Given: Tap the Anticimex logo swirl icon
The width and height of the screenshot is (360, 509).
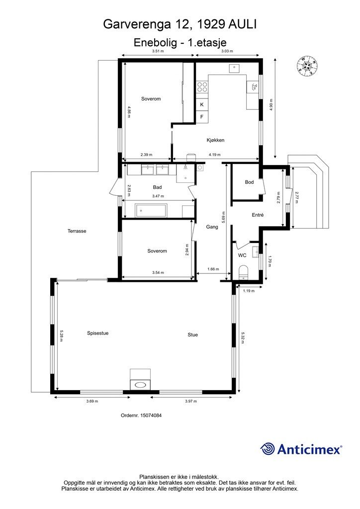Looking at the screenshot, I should pyautogui.click(x=268, y=449).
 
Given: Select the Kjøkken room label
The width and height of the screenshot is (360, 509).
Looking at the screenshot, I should pyautogui.click(x=216, y=140).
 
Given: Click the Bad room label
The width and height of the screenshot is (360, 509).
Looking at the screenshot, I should pyautogui.click(x=157, y=187).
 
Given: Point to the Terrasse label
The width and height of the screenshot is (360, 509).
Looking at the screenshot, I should pyautogui.click(x=77, y=231).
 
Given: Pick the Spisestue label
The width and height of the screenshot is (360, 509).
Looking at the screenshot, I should pyautogui.click(x=97, y=333).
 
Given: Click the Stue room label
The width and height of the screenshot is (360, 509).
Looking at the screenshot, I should pyautogui.click(x=192, y=335).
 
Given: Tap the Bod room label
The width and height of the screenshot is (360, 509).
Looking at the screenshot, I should pyautogui.click(x=249, y=182).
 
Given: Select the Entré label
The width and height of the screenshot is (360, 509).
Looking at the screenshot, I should pyautogui.click(x=257, y=215).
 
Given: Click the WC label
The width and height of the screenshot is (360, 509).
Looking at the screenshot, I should pyautogui.click(x=242, y=255).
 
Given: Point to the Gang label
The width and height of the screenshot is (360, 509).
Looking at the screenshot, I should pyautogui.click(x=213, y=226).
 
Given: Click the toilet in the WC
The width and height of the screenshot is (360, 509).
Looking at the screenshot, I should pyautogui.click(x=244, y=272).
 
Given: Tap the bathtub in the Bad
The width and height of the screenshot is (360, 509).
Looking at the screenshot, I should pyautogui.click(x=152, y=210).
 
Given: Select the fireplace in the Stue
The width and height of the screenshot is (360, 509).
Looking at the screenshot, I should pyautogui.click(x=140, y=381).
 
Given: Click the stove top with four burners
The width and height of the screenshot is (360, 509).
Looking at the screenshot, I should pyautogui.click(x=202, y=87).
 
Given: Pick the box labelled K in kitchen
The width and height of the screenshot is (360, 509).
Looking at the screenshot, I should pyautogui.click(x=202, y=105).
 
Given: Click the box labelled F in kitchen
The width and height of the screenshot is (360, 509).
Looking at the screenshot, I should pyautogui.click(x=202, y=117).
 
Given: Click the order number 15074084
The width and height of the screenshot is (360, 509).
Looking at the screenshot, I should pyautogui.click(x=141, y=416).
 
